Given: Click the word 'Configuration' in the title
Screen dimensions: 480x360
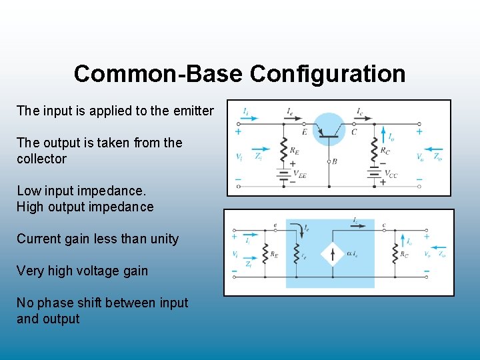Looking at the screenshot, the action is click(x=327, y=73).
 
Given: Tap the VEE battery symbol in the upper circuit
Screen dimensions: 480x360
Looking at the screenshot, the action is click(x=284, y=175).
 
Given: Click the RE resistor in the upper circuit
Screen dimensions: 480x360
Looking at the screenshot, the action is click(x=284, y=152).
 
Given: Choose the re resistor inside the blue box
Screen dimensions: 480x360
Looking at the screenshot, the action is click(x=291, y=254).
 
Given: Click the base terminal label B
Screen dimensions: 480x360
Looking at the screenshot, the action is click(x=334, y=161).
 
